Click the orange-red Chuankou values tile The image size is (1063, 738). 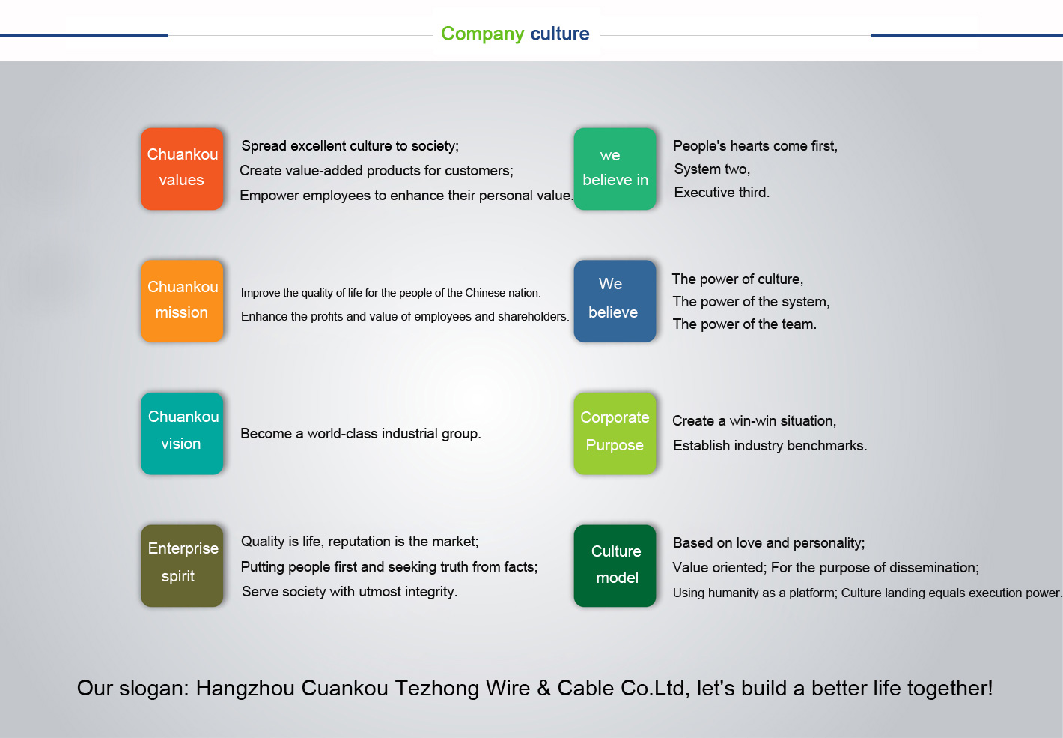point(182,169)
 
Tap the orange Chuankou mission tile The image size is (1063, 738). point(182,301)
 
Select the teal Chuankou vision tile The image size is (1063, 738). point(182,434)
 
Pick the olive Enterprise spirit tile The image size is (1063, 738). point(182,566)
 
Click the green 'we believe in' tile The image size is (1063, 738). point(615,169)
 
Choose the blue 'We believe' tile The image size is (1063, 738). point(615,301)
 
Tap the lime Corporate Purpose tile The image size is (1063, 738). point(615,434)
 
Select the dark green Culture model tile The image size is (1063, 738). point(615,566)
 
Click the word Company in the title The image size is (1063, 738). point(483,34)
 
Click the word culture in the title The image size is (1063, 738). point(560,34)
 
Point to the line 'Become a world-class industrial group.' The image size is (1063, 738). point(361,434)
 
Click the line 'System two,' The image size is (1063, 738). point(712,169)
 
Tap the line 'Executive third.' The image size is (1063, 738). point(722,193)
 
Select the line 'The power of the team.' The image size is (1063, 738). point(745,324)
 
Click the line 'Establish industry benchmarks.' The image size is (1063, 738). point(770,446)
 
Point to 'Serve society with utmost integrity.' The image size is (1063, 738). point(350,592)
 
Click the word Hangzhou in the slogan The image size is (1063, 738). point(245,688)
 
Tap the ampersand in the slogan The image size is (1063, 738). point(543,688)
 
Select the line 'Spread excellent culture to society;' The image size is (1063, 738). point(350,146)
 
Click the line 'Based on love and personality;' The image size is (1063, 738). point(769,543)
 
